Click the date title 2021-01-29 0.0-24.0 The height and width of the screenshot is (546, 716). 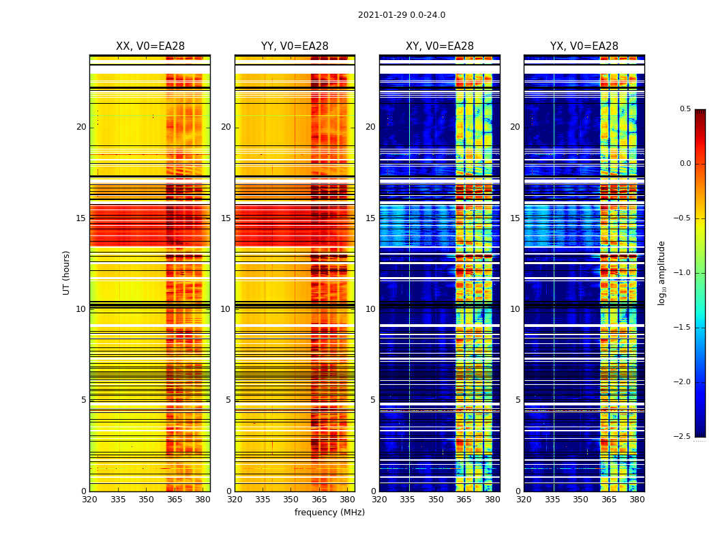click(402, 15)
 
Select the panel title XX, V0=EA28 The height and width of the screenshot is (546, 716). click(150, 46)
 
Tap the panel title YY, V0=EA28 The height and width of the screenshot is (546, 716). click(295, 46)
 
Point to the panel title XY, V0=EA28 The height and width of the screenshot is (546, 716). click(440, 46)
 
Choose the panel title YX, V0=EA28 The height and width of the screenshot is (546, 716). click(584, 46)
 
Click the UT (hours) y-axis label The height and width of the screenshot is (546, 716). click(66, 272)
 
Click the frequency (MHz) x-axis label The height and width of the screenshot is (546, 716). click(329, 513)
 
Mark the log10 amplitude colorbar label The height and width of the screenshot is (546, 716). click(661, 272)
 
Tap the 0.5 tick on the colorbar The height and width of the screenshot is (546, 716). click(685, 109)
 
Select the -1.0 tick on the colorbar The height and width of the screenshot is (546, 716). click(683, 273)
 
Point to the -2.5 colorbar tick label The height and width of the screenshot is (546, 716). click(683, 437)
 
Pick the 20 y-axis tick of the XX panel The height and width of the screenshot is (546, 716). click(81, 127)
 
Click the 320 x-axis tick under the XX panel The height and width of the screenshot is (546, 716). click(89, 500)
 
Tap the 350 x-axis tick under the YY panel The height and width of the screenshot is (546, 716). click(291, 500)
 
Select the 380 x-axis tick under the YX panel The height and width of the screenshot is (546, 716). click(637, 500)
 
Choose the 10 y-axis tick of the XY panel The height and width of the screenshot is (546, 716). click(370, 309)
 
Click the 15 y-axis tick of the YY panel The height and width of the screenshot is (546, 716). click(226, 218)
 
